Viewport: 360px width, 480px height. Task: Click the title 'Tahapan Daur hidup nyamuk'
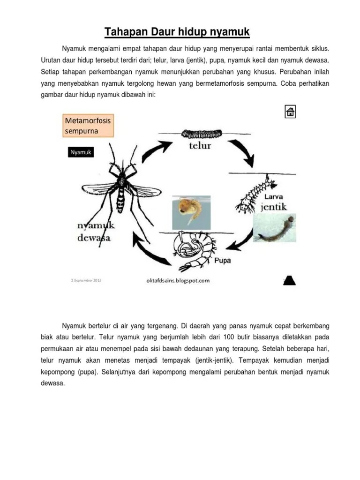click(x=177, y=32)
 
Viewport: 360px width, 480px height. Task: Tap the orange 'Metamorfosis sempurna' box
click(x=88, y=126)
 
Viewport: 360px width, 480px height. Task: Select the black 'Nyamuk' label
click(x=81, y=152)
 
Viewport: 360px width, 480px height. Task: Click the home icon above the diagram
click(x=290, y=112)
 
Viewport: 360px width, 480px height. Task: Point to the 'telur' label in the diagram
click(x=200, y=145)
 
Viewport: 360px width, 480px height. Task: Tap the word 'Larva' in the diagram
click(x=273, y=196)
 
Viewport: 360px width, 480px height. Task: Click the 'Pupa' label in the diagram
click(x=222, y=261)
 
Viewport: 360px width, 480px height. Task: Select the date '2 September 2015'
click(x=86, y=280)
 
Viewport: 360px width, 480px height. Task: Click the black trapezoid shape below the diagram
click(x=289, y=280)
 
